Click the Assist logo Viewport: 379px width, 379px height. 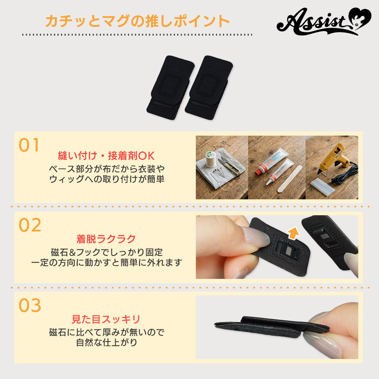click(x=324, y=21)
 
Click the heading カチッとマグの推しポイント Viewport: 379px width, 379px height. click(x=137, y=21)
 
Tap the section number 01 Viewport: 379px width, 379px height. click(x=29, y=145)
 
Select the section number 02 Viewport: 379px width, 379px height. click(x=30, y=225)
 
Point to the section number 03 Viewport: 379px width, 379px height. click(x=30, y=305)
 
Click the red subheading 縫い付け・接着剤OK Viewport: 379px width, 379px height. click(x=106, y=156)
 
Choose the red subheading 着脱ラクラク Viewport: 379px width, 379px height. click(x=106, y=239)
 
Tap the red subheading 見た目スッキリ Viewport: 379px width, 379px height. click(x=106, y=319)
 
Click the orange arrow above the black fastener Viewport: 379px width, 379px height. click(x=293, y=233)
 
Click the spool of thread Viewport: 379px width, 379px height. click(x=210, y=159)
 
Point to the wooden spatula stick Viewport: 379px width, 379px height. click(x=290, y=179)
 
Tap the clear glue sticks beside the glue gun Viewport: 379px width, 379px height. click(x=323, y=186)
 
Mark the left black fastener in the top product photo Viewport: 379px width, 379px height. click(x=171, y=88)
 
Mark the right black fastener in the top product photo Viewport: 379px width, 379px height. click(x=209, y=88)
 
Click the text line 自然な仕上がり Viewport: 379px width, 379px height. click(x=106, y=343)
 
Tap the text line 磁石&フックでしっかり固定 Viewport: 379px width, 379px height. click(x=106, y=252)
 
